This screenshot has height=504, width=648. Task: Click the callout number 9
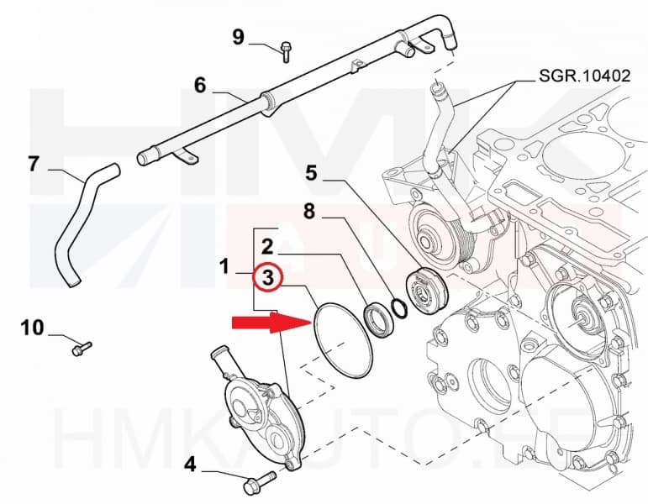238,36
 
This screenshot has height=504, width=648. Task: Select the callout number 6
199,85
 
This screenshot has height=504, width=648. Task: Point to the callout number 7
34,163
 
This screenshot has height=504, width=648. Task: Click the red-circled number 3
266,278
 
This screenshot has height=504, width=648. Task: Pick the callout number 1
224,267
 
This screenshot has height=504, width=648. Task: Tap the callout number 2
266,247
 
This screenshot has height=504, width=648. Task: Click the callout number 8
309,213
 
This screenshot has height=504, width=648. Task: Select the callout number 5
311,174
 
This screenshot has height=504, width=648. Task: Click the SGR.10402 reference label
582,76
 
